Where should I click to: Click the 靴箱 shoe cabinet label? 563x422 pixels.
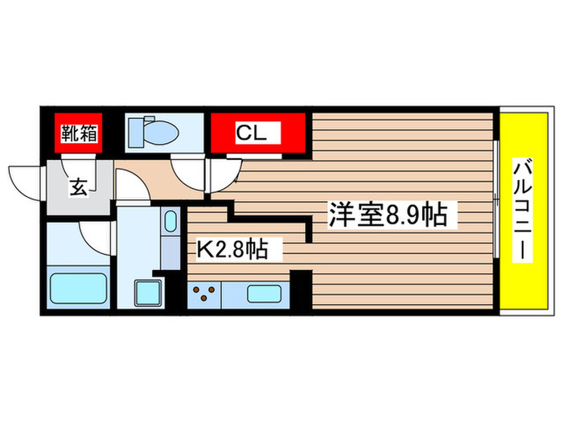(79, 132)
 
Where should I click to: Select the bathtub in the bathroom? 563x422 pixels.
(78, 287)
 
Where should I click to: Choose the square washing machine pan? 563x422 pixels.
(149, 293)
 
